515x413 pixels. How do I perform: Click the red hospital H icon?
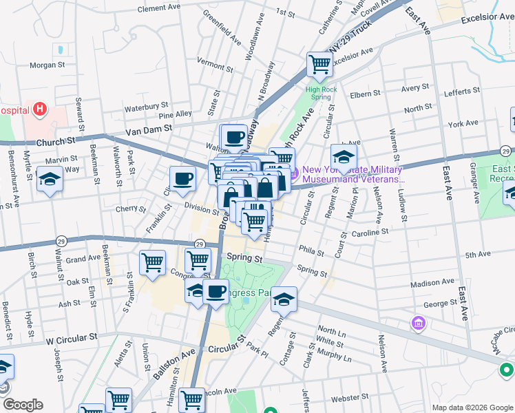[x=40, y=109]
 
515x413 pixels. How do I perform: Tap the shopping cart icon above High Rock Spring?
[x=320, y=65]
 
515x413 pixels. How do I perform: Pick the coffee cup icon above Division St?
[x=182, y=179]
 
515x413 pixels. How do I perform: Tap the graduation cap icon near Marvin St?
[x=50, y=180]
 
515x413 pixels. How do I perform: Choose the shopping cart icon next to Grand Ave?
[x=152, y=262]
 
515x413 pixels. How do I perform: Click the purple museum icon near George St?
[x=417, y=323]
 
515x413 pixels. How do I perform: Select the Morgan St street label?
[x=47, y=65]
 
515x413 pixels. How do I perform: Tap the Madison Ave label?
[x=432, y=282]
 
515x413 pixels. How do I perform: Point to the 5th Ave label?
[x=477, y=255]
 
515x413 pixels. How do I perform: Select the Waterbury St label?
[x=146, y=107]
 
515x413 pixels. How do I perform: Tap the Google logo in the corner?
[x=22, y=405]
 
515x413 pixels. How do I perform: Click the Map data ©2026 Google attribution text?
[x=472, y=407]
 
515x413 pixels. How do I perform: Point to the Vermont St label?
[x=215, y=61]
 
